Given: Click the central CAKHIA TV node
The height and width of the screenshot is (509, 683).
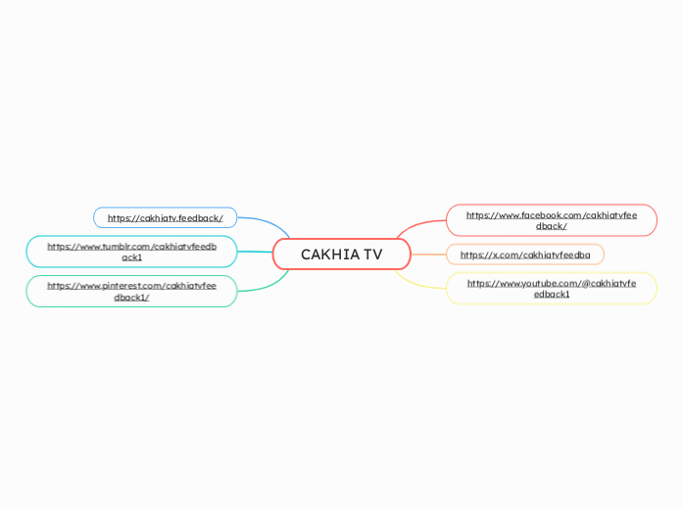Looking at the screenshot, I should pos(341,254).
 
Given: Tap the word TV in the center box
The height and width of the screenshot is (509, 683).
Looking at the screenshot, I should pos(372,254).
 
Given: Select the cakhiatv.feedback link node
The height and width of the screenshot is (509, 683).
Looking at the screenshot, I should pos(165,217).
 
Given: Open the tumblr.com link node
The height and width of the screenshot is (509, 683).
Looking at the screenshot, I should pos(131,252).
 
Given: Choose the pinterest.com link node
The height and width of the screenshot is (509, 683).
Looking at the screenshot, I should pos(131,291).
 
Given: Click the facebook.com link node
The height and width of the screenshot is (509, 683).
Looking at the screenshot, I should pos(551,220).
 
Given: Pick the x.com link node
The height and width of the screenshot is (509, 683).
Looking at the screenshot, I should pos(524,254).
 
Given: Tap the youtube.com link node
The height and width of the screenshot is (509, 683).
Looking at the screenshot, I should pos(551,288).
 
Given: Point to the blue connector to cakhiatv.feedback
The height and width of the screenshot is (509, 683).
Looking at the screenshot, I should pos(265,220).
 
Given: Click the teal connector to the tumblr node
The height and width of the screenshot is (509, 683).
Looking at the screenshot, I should pos(255,253).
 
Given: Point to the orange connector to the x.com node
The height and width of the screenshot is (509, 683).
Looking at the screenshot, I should pos(428,254).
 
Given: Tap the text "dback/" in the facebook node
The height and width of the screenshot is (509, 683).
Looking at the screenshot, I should pos(551,226).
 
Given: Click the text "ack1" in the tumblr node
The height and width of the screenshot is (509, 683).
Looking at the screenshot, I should pos(131,257).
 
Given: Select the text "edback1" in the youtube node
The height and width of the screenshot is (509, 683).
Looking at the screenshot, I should pos(551,294).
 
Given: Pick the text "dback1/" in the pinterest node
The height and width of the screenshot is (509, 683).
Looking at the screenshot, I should pos(131,297).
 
